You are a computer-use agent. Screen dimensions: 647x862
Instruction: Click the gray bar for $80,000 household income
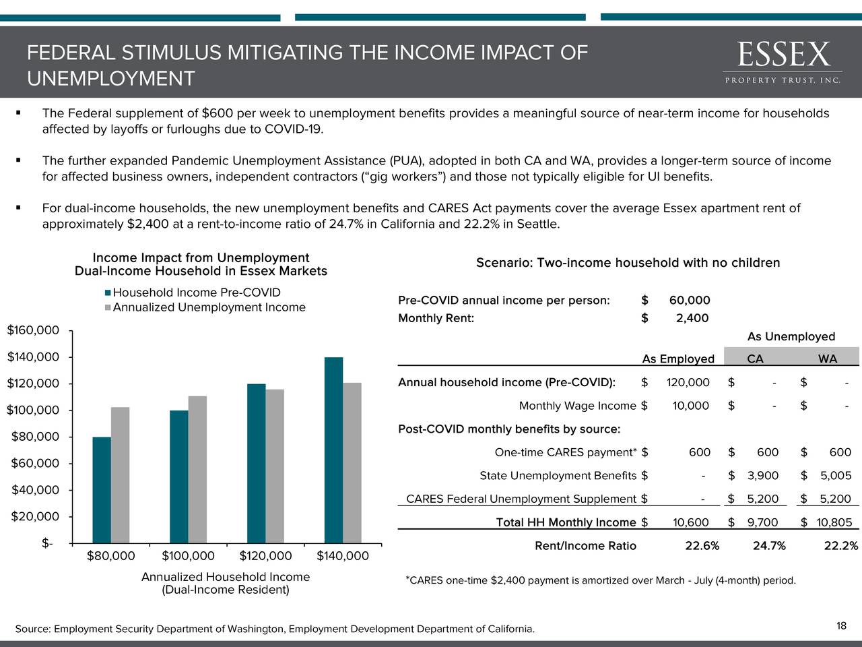click(x=120, y=474)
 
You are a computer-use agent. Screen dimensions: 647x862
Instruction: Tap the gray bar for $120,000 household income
click(x=275, y=466)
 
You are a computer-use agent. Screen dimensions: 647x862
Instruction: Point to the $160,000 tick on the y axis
click(x=33, y=330)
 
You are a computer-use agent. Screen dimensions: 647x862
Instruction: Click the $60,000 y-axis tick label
click(x=33, y=463)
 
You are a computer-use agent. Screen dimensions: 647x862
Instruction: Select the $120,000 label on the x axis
click(x=265, y=556)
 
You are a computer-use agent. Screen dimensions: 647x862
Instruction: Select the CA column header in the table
click(x=755, y=359)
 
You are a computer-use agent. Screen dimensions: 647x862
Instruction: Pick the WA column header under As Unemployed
click(x=828, y=359)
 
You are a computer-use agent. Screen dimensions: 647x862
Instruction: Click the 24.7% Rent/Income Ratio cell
click(x=768, y=546)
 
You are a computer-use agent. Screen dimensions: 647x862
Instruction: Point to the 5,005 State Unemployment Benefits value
click(x=835, y=476)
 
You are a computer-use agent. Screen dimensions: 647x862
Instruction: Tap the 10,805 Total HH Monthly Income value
click(x=834, y=522)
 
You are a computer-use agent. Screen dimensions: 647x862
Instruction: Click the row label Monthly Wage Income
click(x=577, y=406)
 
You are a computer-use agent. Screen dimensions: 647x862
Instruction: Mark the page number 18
click(x=841, y=627)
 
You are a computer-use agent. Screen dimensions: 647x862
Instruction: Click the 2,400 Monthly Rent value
click(x=692, y=319)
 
